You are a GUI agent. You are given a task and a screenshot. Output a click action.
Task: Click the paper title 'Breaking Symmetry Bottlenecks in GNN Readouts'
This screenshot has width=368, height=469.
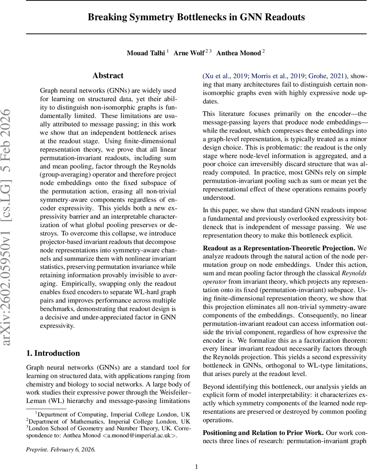coord(196,17)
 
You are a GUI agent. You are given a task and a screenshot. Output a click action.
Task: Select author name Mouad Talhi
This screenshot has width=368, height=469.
coord(146,53)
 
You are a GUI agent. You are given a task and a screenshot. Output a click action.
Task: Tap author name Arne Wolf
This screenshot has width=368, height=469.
coord(189,53)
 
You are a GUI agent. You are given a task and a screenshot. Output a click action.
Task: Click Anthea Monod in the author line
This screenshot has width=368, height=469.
coord(238,53)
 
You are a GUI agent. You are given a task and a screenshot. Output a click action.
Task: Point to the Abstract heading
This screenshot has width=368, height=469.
coord(108,75)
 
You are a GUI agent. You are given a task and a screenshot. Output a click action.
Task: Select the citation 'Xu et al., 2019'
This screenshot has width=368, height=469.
coord(226,75)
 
